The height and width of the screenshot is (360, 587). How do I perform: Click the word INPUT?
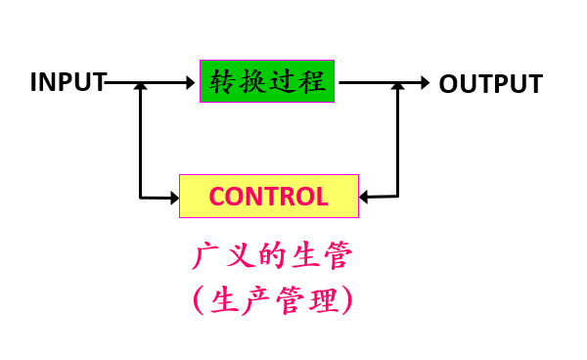[68, 82]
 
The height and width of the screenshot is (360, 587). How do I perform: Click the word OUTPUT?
[491, 83]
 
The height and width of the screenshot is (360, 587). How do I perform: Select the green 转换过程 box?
[267, 81]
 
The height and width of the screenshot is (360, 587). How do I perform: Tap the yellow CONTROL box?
[269, 196]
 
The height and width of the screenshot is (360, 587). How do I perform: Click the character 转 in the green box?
[222, 81]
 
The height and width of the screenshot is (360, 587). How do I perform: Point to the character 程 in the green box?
[313, 81]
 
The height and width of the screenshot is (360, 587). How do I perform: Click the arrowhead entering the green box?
[191, 82]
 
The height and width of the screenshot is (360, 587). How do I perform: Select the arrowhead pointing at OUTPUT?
[426, 83]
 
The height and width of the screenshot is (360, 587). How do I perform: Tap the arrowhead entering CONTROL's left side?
[175, 198]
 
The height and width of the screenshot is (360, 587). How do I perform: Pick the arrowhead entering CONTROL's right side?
[363, 197]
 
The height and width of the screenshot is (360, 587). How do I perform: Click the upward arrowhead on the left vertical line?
[140, 86]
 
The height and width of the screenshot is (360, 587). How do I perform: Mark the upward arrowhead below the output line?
[397, 86]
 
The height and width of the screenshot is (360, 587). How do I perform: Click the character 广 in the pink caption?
[205, 256]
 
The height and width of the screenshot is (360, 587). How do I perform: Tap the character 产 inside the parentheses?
[256, 301]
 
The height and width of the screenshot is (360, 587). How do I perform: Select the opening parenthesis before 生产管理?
[199, 300]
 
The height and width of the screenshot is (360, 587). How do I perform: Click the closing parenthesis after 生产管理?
[347, 300]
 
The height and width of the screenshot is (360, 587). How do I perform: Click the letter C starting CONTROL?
[217, 197]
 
